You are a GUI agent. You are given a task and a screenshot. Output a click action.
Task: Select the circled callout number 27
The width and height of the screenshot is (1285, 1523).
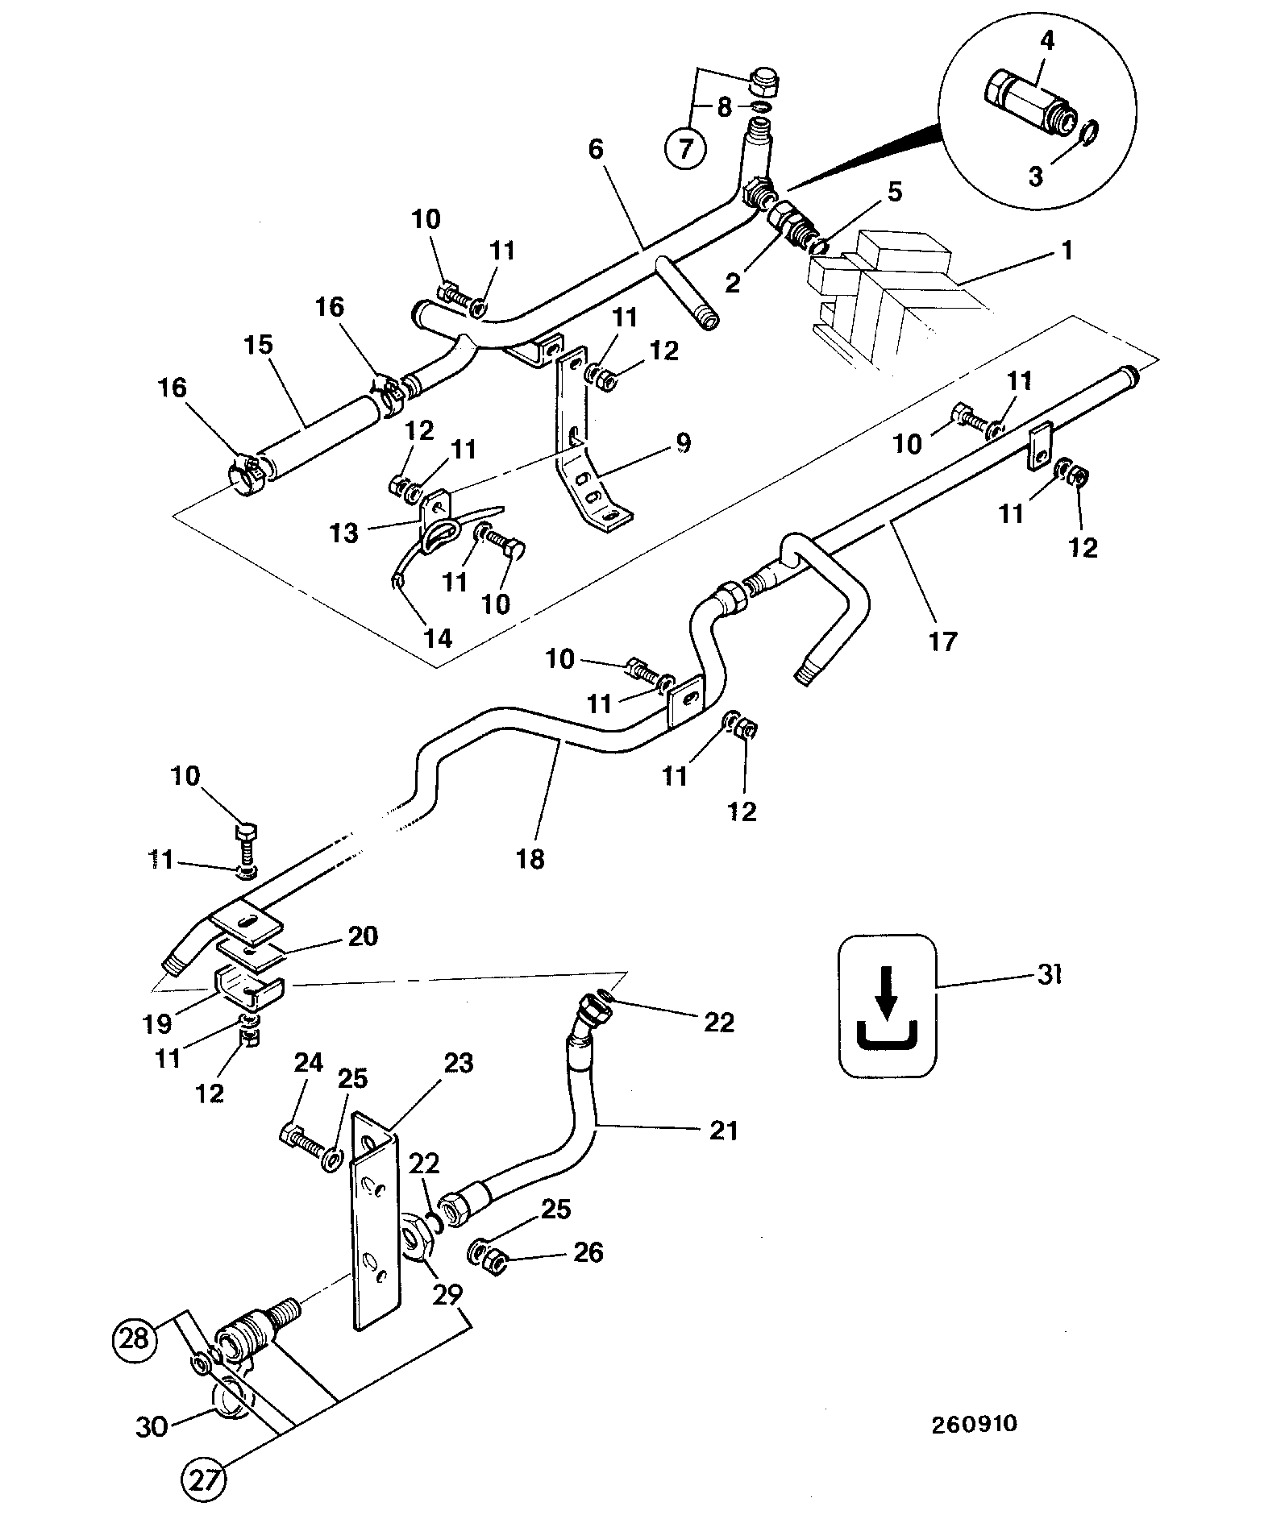tap(202, 1480)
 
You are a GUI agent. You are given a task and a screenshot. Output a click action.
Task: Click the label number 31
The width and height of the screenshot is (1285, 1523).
tap(1048, 975)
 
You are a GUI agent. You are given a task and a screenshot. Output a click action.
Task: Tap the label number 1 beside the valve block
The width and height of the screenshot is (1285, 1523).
tap(1067, 251)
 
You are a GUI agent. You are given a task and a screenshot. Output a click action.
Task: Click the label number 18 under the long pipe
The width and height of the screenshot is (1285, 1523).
tap(530, 859)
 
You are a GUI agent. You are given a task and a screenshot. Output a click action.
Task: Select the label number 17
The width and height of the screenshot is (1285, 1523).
tap(942, 641)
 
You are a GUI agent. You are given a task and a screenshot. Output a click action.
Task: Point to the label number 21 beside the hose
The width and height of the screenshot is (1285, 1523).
tap(723, 1131)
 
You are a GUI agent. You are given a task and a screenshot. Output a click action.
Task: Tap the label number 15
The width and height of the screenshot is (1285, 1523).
tap(259, 345)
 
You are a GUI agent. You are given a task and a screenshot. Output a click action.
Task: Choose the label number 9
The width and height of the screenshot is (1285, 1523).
tap(683, 442)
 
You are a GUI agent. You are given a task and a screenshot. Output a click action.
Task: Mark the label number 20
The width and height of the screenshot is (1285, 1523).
tap(363, 936)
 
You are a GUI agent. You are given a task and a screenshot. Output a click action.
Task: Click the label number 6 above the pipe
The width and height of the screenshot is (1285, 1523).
tap(596, 149)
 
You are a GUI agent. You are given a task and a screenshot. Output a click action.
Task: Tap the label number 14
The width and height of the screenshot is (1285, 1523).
tap(438, 638)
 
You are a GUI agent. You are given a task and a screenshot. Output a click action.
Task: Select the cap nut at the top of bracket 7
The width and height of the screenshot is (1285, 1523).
tap(761, 83)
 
